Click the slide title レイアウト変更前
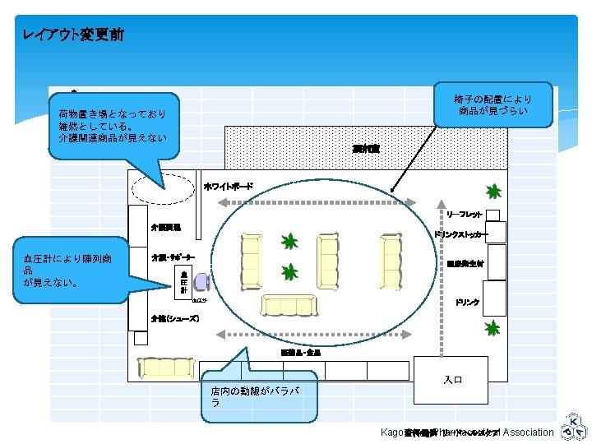(x=74, y=35)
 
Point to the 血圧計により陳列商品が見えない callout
(x=77, y=271)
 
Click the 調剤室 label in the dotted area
(x=366, y=149)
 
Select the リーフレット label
(x=465, y=215)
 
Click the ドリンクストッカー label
(x=460, y=234)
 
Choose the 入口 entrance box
(x=453, y=380)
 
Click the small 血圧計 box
(x=184, y=280)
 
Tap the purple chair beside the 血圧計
(x=202, y=282)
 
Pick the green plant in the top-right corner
(x=493, y=192)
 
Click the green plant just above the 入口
(x=493, y=329)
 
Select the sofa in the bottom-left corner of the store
(x=165, y=368)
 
